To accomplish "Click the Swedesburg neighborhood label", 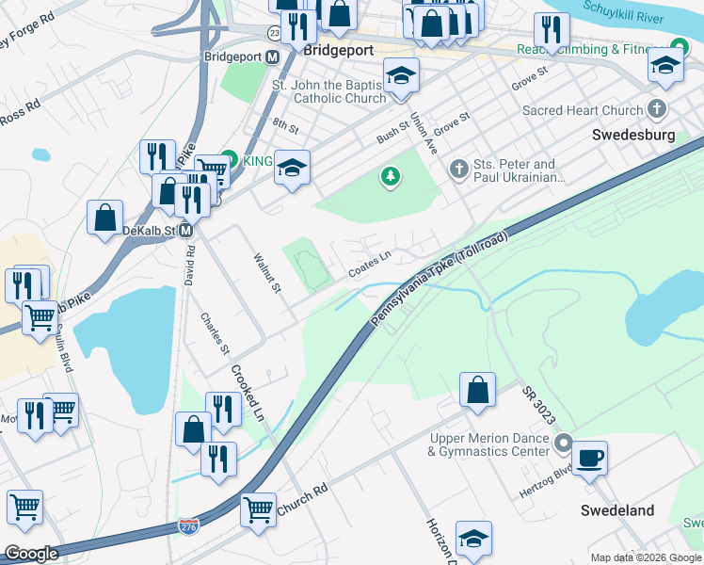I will [x=633, y=135].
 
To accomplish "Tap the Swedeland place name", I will [x=616, y=510].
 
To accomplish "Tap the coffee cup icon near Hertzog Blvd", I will [x=589, y=459].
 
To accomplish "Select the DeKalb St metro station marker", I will [x=186, y=231].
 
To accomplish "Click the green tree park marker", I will [x=390, y=175].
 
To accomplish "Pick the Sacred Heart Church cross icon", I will [x=657, y=110].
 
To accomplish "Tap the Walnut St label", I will [x=265, y=271].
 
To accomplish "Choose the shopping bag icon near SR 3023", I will [x=478, y=389].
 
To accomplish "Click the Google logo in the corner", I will [x=31, y=554].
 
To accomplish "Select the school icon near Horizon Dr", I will [x=474, y=538].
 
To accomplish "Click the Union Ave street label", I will [x=424, y=135].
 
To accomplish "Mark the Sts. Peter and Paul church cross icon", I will [x=458, y=169].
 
